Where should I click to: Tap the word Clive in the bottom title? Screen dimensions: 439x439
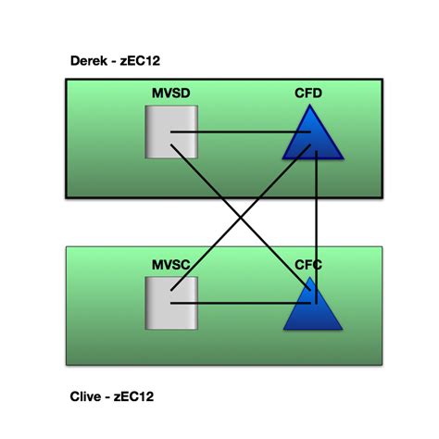click(x=88, y=396)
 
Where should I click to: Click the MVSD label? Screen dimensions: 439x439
click(x=173, y=94)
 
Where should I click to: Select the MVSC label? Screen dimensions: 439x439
click(x=172, y=265)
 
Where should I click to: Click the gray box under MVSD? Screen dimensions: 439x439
click(x=171, y=131)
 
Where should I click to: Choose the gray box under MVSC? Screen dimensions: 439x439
click(x=171, y=302)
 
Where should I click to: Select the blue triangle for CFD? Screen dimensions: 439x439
click(x=316, y=139)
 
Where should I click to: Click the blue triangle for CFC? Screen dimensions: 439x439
click(x=312, y=310)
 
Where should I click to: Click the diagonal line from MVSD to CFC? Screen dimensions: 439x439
click(x=278, y=259)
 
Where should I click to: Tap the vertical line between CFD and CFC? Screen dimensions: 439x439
click(x=317, y=222)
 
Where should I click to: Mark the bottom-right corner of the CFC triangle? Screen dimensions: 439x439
click(x=342, y=330)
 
